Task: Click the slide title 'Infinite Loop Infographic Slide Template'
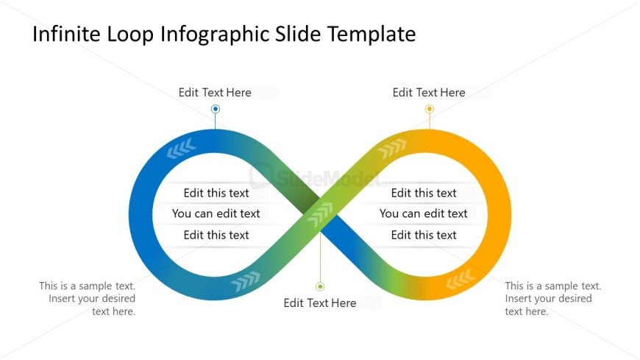pos(224,34)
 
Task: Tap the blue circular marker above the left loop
pos(216,109)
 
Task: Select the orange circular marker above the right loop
pos(430,109)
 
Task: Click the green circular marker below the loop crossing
pos(320,286)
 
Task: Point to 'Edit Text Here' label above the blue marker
pos(215,93)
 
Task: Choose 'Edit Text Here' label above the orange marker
pos(429,93)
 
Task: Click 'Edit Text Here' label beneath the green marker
pos(320,303)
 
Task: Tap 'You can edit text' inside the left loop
pos(216,213)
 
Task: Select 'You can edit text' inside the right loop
pos(424,213)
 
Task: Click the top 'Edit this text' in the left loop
pos(216,193)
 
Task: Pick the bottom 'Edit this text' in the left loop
pos(216,235)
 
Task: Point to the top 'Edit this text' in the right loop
pos(424,193)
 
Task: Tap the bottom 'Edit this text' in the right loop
pos(424,235)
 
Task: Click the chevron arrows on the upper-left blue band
pos(181,150)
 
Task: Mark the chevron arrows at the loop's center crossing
pos(320,216)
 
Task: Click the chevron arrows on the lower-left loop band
pos(246,280)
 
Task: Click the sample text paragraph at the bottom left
pos(88,298)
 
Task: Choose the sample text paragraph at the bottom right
pos(552,298)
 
